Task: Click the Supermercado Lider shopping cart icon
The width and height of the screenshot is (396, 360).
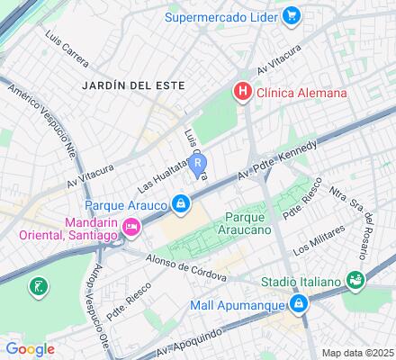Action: (x=291, y=15)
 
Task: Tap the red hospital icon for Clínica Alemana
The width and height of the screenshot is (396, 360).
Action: (x=241, y=92)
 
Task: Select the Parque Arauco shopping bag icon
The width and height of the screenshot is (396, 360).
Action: (x=181, y=203)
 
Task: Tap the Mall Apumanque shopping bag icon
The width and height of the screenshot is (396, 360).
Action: (x=298, y=304)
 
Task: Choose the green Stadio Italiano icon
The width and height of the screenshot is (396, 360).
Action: (x=355, y=282)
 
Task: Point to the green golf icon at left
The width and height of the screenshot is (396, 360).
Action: (x=39, y=288)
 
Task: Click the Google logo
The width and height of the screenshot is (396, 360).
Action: (x=30, y=348)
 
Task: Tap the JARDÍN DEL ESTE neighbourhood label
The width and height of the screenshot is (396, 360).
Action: (x=132, y=85)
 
